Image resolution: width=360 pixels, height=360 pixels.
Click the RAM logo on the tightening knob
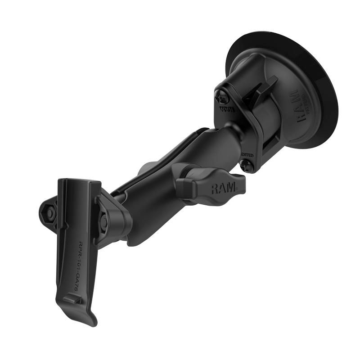[224, 188]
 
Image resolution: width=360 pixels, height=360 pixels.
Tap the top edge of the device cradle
[79, 181]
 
